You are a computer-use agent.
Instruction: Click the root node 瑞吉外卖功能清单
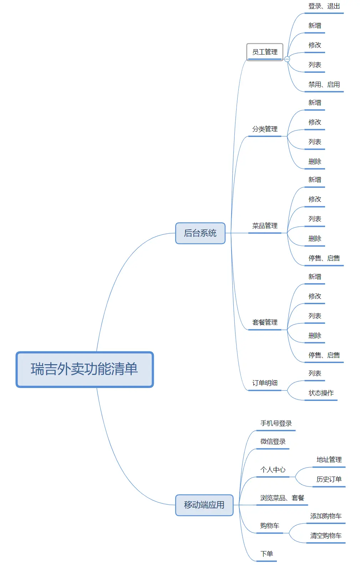pos(85,369)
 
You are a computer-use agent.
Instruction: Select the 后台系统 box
pos(200,233)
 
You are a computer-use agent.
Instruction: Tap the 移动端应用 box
pos(204,505)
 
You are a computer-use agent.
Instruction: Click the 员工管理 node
pos(265,52)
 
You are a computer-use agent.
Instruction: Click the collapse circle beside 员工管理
pos(287,59)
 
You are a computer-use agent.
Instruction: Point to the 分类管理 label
pos(265,129)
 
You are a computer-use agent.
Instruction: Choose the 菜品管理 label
pos(265,226)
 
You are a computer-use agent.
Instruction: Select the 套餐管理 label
pos(265,322)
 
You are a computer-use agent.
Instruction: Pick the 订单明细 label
pos(265,383)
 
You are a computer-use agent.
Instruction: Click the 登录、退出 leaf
pos(324,6)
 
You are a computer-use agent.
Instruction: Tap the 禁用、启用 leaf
pos(324,85)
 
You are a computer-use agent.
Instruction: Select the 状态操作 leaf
pos(321,393)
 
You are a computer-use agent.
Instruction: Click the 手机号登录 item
pos(276,423)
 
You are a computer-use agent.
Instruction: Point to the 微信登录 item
pos(273,442)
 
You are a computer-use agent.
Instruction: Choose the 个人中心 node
pos(273,470)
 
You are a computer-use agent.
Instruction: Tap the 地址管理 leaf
pos(329,460)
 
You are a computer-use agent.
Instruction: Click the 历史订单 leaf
pos(329,479)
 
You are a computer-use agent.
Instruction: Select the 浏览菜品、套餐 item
pos(282,498)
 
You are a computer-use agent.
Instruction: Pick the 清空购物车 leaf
pos(326,536)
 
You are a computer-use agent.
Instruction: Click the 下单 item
pos(267,554)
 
